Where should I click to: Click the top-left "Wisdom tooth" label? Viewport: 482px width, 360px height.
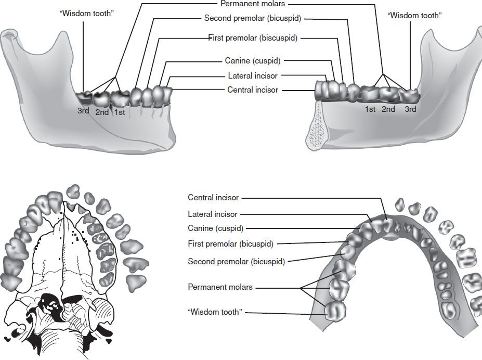coord(87,12)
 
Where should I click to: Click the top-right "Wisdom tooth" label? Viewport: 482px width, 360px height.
coord(414,16)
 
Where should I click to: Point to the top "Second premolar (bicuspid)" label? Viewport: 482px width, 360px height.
coord(253,18)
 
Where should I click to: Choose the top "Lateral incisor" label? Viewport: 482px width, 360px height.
coord(253,75)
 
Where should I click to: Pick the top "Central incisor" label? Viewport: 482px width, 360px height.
coord(253,90)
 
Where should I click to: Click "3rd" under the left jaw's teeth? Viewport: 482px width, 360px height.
coord(84,111)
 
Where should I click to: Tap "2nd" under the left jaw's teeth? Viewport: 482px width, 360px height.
coord(102,112)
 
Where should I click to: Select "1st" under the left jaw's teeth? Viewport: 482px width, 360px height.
coord(119,112)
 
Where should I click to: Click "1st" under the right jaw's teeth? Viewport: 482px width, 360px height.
coord(370,109)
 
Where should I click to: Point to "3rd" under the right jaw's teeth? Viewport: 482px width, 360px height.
coord(410,109)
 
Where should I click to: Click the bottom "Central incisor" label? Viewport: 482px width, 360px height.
coord(213,198)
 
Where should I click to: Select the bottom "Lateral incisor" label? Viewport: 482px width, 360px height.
coord(212,214)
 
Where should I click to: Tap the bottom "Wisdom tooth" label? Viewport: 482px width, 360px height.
coord(215,312)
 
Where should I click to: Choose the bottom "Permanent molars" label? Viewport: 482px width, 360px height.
coord(220,287)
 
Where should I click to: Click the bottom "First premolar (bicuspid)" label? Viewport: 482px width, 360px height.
coord(230,243)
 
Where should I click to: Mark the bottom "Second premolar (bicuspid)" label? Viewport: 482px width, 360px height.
coord(236,262)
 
